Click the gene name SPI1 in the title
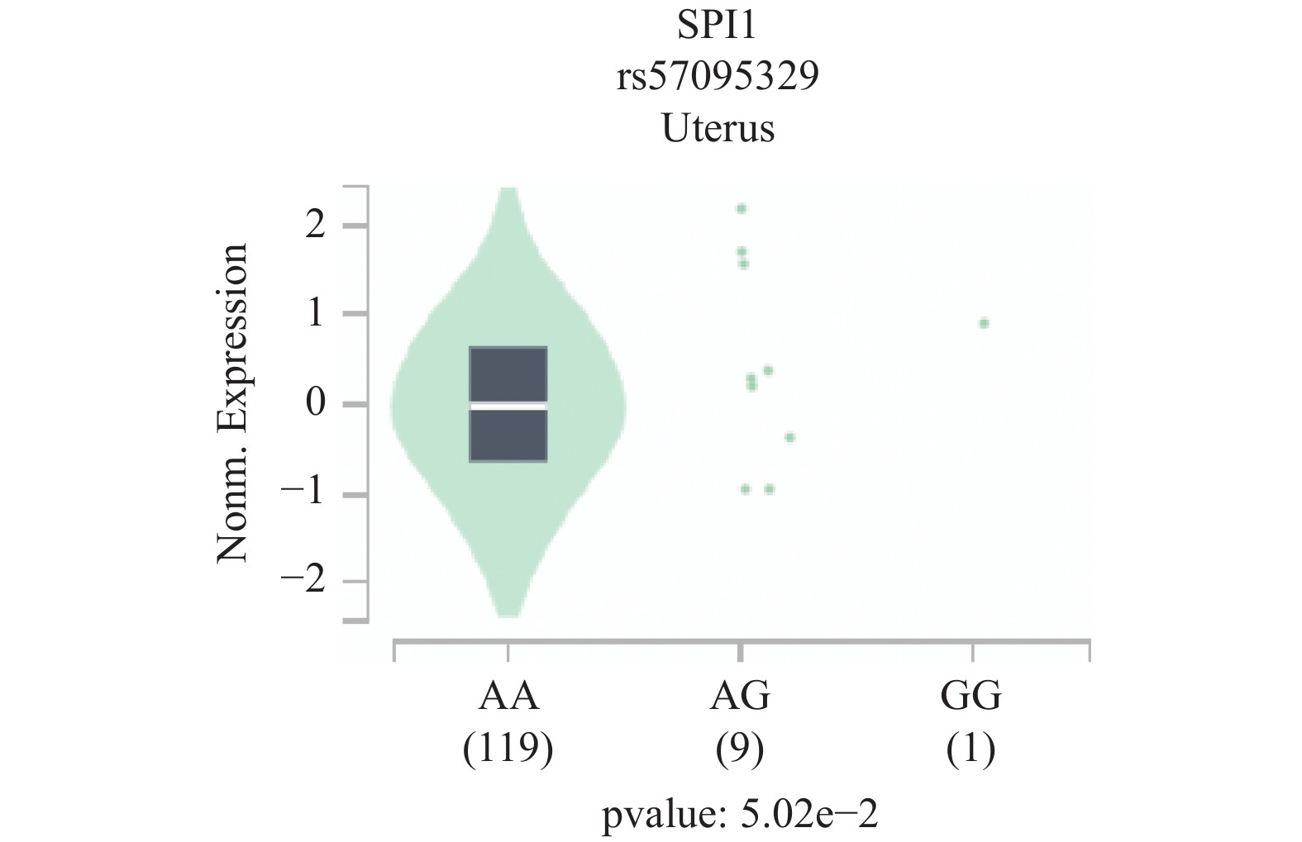717,28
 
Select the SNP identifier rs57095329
717,78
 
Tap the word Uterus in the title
717,129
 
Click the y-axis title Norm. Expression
232,403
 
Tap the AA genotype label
508,697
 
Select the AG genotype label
741,697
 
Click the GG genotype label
972,697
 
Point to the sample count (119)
508,749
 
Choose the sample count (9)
741,749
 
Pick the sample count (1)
972,749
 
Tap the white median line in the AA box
508,406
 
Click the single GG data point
984,323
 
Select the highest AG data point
742,209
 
